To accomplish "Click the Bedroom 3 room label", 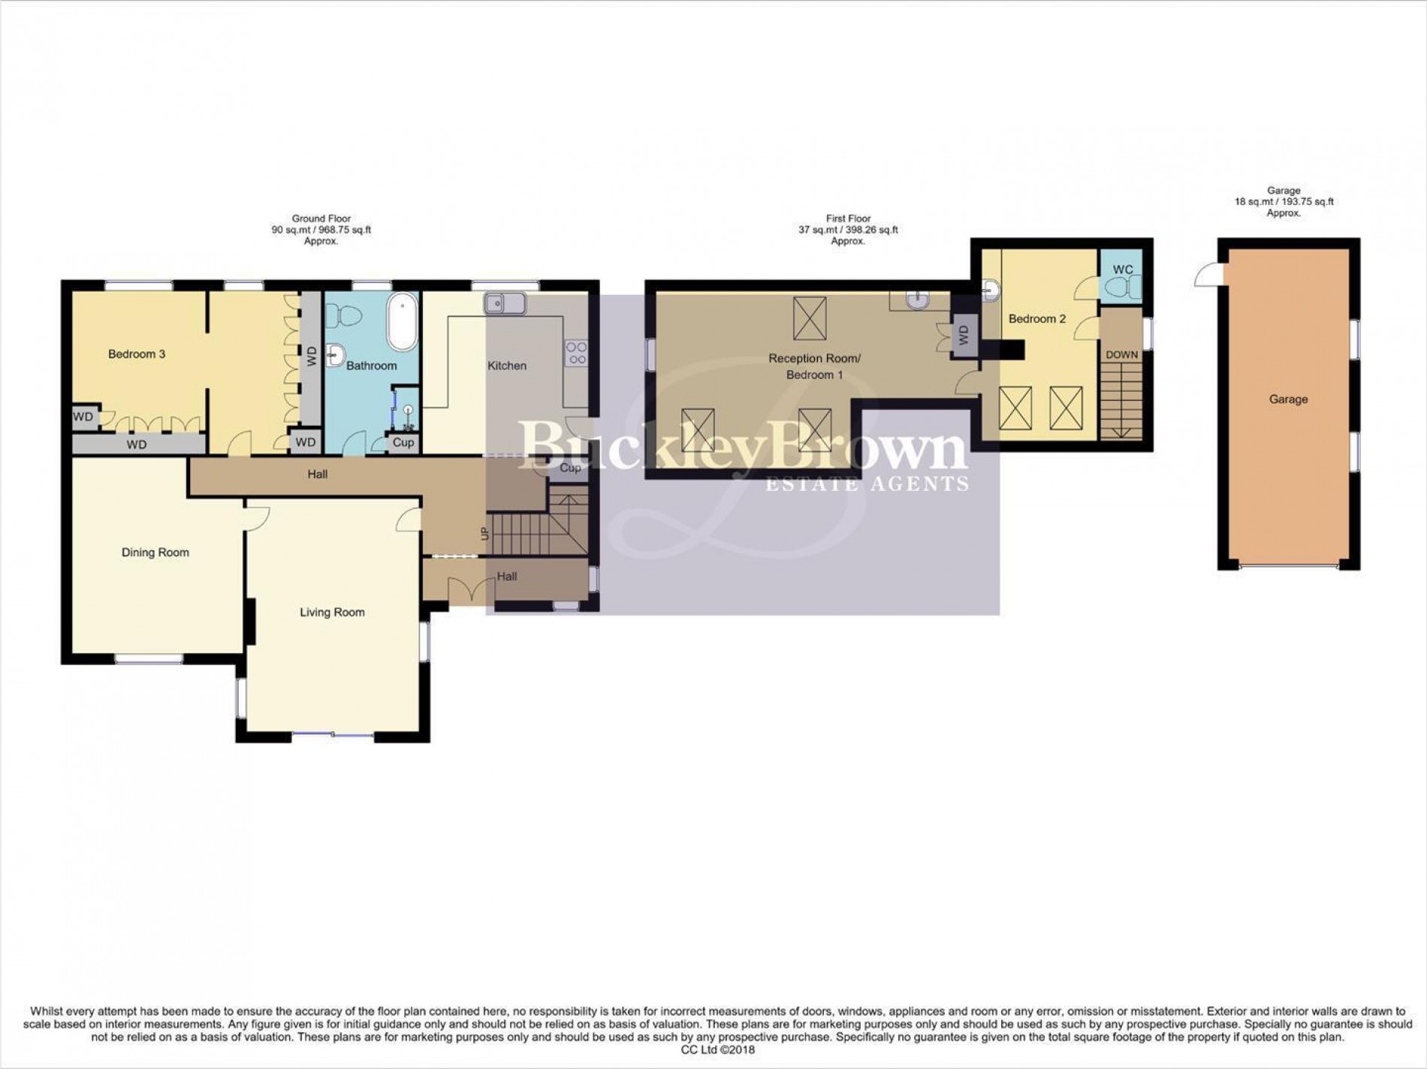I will point(137,354).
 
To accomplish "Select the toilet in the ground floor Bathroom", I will point(344,315).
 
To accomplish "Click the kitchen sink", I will point(504,304).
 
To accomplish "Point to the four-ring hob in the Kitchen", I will point(577,353).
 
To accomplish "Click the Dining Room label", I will point(155,553).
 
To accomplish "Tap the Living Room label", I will point(332,613).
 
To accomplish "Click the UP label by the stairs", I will point(484,534).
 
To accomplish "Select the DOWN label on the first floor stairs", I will point(1121,355).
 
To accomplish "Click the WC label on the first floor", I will point(1123,270).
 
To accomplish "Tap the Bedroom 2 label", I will point(1036,319).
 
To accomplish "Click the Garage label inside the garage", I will point(1288,399).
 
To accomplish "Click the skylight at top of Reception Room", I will point(810,318).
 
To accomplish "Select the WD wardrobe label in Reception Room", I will point(964,336).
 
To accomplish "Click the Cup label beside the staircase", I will point(570,468).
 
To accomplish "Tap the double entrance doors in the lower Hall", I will point(463,589).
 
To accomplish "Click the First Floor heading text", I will point(848,218).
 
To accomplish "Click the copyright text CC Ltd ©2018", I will point(713,1050).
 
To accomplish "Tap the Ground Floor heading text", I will point(321,218).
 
